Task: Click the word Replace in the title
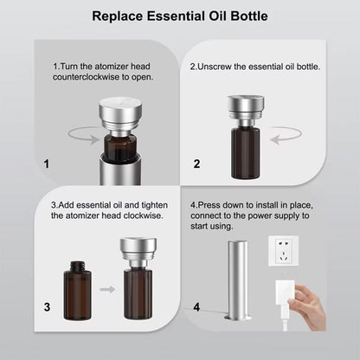118,16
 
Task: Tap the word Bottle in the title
249,16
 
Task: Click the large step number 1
47,164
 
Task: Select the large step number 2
196,164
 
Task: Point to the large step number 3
47,307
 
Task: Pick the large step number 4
196,307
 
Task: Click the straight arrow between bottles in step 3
107,289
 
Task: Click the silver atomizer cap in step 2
246,111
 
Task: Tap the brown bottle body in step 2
246,153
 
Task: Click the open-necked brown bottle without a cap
78,291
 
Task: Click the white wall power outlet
283,251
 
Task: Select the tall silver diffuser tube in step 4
238,280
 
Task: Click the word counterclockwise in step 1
86,77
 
